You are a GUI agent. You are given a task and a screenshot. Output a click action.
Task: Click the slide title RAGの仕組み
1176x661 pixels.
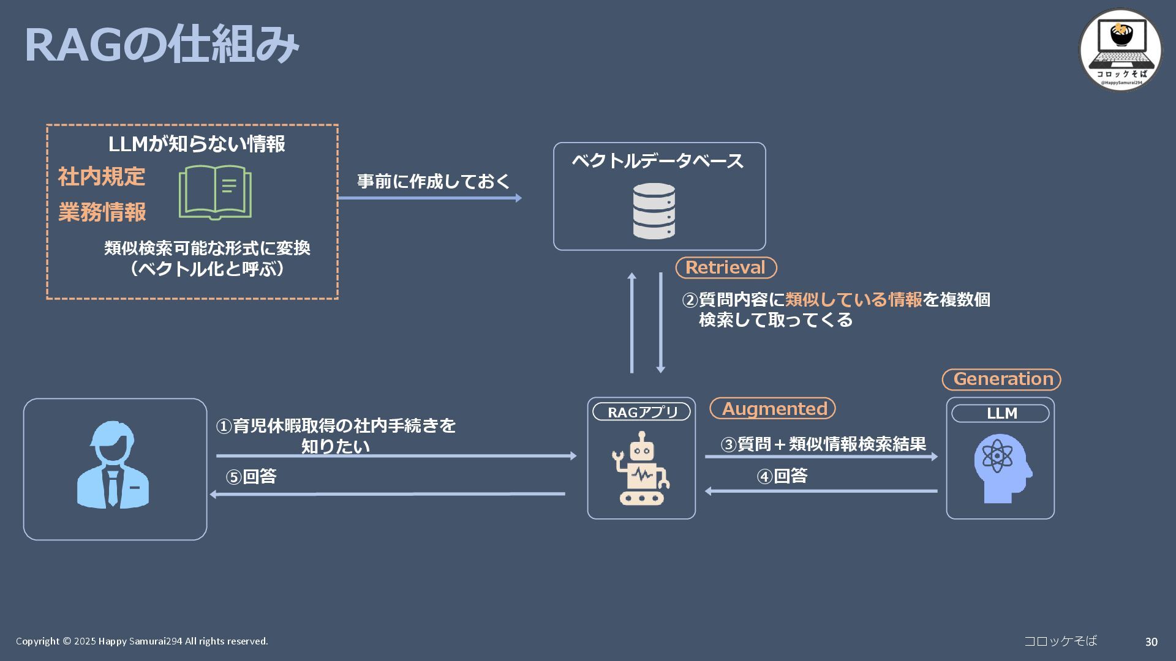coord(161,45)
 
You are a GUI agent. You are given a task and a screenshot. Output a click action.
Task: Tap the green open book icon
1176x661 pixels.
coord(215,192)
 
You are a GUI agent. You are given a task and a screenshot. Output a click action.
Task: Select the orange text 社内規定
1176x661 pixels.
coord(102,177)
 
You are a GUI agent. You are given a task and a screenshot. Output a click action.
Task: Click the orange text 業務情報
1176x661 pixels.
coord(102,212)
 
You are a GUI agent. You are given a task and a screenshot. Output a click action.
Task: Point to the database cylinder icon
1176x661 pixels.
coord(654,211)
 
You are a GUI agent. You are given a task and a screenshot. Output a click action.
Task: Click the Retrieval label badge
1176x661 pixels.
coord(726,267)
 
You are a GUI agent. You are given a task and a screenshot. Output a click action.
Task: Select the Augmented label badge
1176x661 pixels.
coord(773,408)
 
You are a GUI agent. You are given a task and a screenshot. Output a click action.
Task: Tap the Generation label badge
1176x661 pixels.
coord(1001,379)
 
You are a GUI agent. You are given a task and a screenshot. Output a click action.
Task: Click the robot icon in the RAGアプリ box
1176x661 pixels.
coord(641,468)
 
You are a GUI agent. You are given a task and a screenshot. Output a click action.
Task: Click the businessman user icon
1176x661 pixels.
coord(113,465)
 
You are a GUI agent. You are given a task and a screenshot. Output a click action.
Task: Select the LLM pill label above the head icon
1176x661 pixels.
coord(1000,414)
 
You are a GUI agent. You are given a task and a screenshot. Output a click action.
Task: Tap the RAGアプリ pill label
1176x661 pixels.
coord(641,412)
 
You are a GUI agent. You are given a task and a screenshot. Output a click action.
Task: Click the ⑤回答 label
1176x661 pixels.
coord(251,477)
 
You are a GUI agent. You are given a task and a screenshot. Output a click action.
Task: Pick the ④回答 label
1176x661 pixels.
coord(782,476)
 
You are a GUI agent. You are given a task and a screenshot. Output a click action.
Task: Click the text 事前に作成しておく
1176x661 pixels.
coord(434,181)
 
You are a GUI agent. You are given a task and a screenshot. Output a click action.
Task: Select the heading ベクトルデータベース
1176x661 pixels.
coord(658,161)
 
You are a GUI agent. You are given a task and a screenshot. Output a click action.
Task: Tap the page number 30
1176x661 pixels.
coord(1151,641)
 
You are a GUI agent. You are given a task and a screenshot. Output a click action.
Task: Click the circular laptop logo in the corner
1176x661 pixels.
coord(1120,50)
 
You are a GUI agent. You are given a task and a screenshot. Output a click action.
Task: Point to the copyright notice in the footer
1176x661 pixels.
coord(142,641)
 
